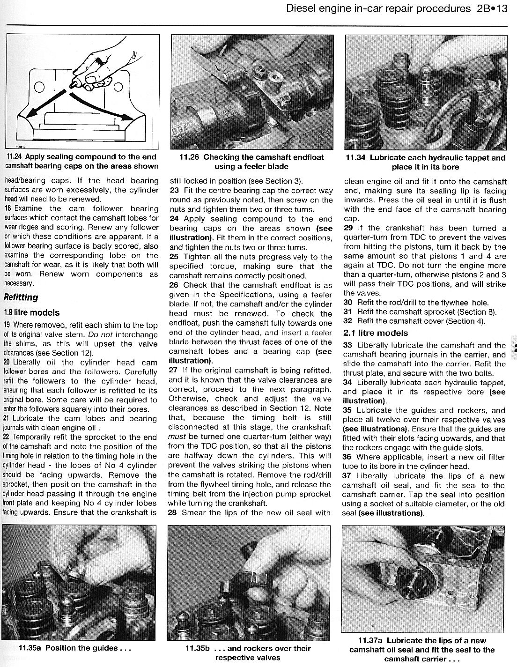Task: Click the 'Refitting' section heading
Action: point(21,297)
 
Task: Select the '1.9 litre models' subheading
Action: point(31,312)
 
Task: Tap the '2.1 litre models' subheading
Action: point(376,333)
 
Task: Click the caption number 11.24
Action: point(14,157)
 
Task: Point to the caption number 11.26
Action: point(190,157)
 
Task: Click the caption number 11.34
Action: point(356,158)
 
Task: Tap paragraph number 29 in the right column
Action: point(347,228)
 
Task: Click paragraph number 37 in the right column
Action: point(347,476)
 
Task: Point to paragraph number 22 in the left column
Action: point(7,437)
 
